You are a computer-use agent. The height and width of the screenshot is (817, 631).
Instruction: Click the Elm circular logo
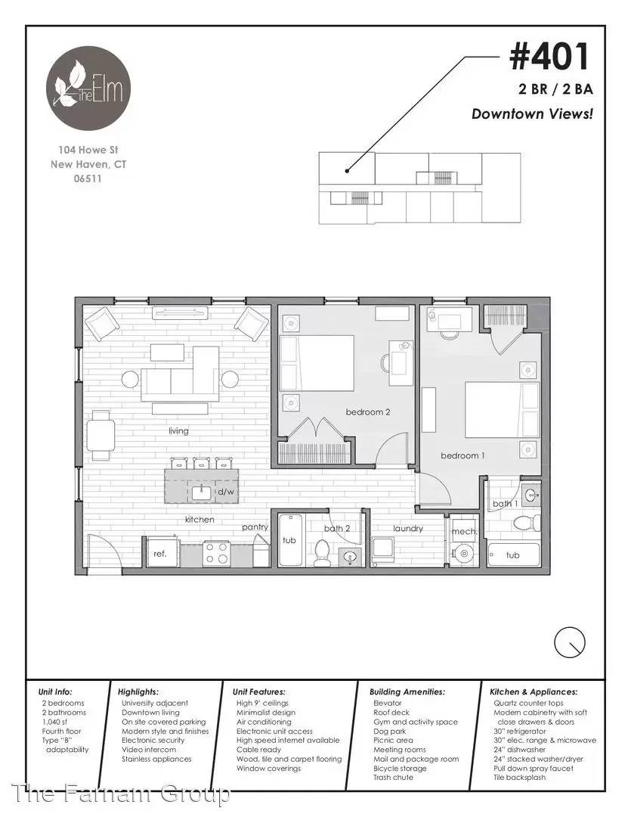(88, 89)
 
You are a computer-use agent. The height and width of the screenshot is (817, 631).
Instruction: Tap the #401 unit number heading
(549, 57)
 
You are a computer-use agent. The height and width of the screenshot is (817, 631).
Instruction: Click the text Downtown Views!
(532, 114)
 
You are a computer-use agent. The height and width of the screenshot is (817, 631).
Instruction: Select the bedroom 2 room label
(367, 412)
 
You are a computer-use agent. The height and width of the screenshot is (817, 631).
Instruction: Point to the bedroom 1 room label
(462, 455)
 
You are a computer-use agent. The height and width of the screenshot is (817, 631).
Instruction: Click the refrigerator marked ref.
(160, 553)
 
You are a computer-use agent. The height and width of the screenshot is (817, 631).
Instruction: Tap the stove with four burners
(216, 553)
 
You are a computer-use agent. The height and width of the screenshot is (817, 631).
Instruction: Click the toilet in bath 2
(322, 553)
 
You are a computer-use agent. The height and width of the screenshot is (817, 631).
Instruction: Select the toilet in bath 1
(527, 522)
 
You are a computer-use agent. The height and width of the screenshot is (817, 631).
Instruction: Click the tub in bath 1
(513, 555)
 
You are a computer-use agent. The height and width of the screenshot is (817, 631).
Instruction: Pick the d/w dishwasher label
(225, 492)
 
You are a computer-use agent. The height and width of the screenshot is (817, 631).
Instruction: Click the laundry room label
(407, 528)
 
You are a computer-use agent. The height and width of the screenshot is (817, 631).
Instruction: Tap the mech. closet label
(464, 532)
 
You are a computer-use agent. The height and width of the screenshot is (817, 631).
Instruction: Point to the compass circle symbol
(570, 642)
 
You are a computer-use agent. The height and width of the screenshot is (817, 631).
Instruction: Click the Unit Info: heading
(55, 692)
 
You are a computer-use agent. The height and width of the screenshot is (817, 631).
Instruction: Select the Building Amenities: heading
(407, 692)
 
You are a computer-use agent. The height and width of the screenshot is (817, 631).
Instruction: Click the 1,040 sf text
(54, 722)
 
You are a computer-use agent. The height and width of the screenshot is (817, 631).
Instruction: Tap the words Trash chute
(393, 778)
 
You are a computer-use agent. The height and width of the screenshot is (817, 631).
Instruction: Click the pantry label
(255, 527)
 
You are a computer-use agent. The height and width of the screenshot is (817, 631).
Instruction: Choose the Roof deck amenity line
(391, 713)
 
